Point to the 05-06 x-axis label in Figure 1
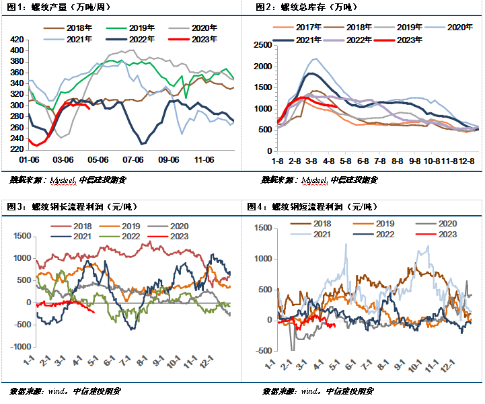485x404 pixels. (x=98, y=159)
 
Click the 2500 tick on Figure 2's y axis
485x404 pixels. (x=262, y=45)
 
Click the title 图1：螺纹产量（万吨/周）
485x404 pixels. (x=59, y=7)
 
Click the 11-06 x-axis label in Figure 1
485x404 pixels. (x=202, y=159)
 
